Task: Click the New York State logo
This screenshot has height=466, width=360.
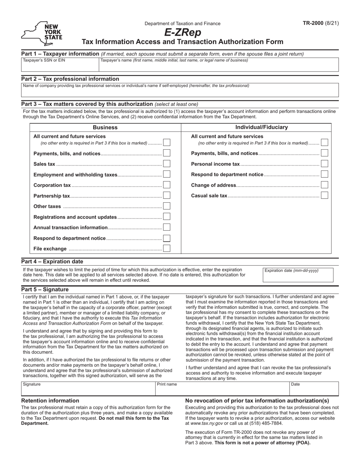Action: tap(42, 33)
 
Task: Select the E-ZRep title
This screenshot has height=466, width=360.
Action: tap(183, 33)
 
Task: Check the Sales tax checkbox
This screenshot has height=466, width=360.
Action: tap(167, 164)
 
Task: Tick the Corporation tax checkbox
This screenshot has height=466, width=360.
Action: tap(167, 185)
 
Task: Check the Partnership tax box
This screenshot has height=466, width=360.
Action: tap(167, 195)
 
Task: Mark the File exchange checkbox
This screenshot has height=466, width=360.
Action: tap(167, 249)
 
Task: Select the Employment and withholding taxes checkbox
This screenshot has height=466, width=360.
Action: tap(167, 174)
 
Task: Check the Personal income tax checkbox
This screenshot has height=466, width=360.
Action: tap(324, 164)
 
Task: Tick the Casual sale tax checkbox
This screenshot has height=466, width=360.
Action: tap(324, 195)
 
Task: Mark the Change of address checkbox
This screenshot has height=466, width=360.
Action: tap(324, 185)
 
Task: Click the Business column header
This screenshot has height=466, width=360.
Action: tap(105, 128)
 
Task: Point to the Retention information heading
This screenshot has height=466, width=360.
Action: tap(50, 400)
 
